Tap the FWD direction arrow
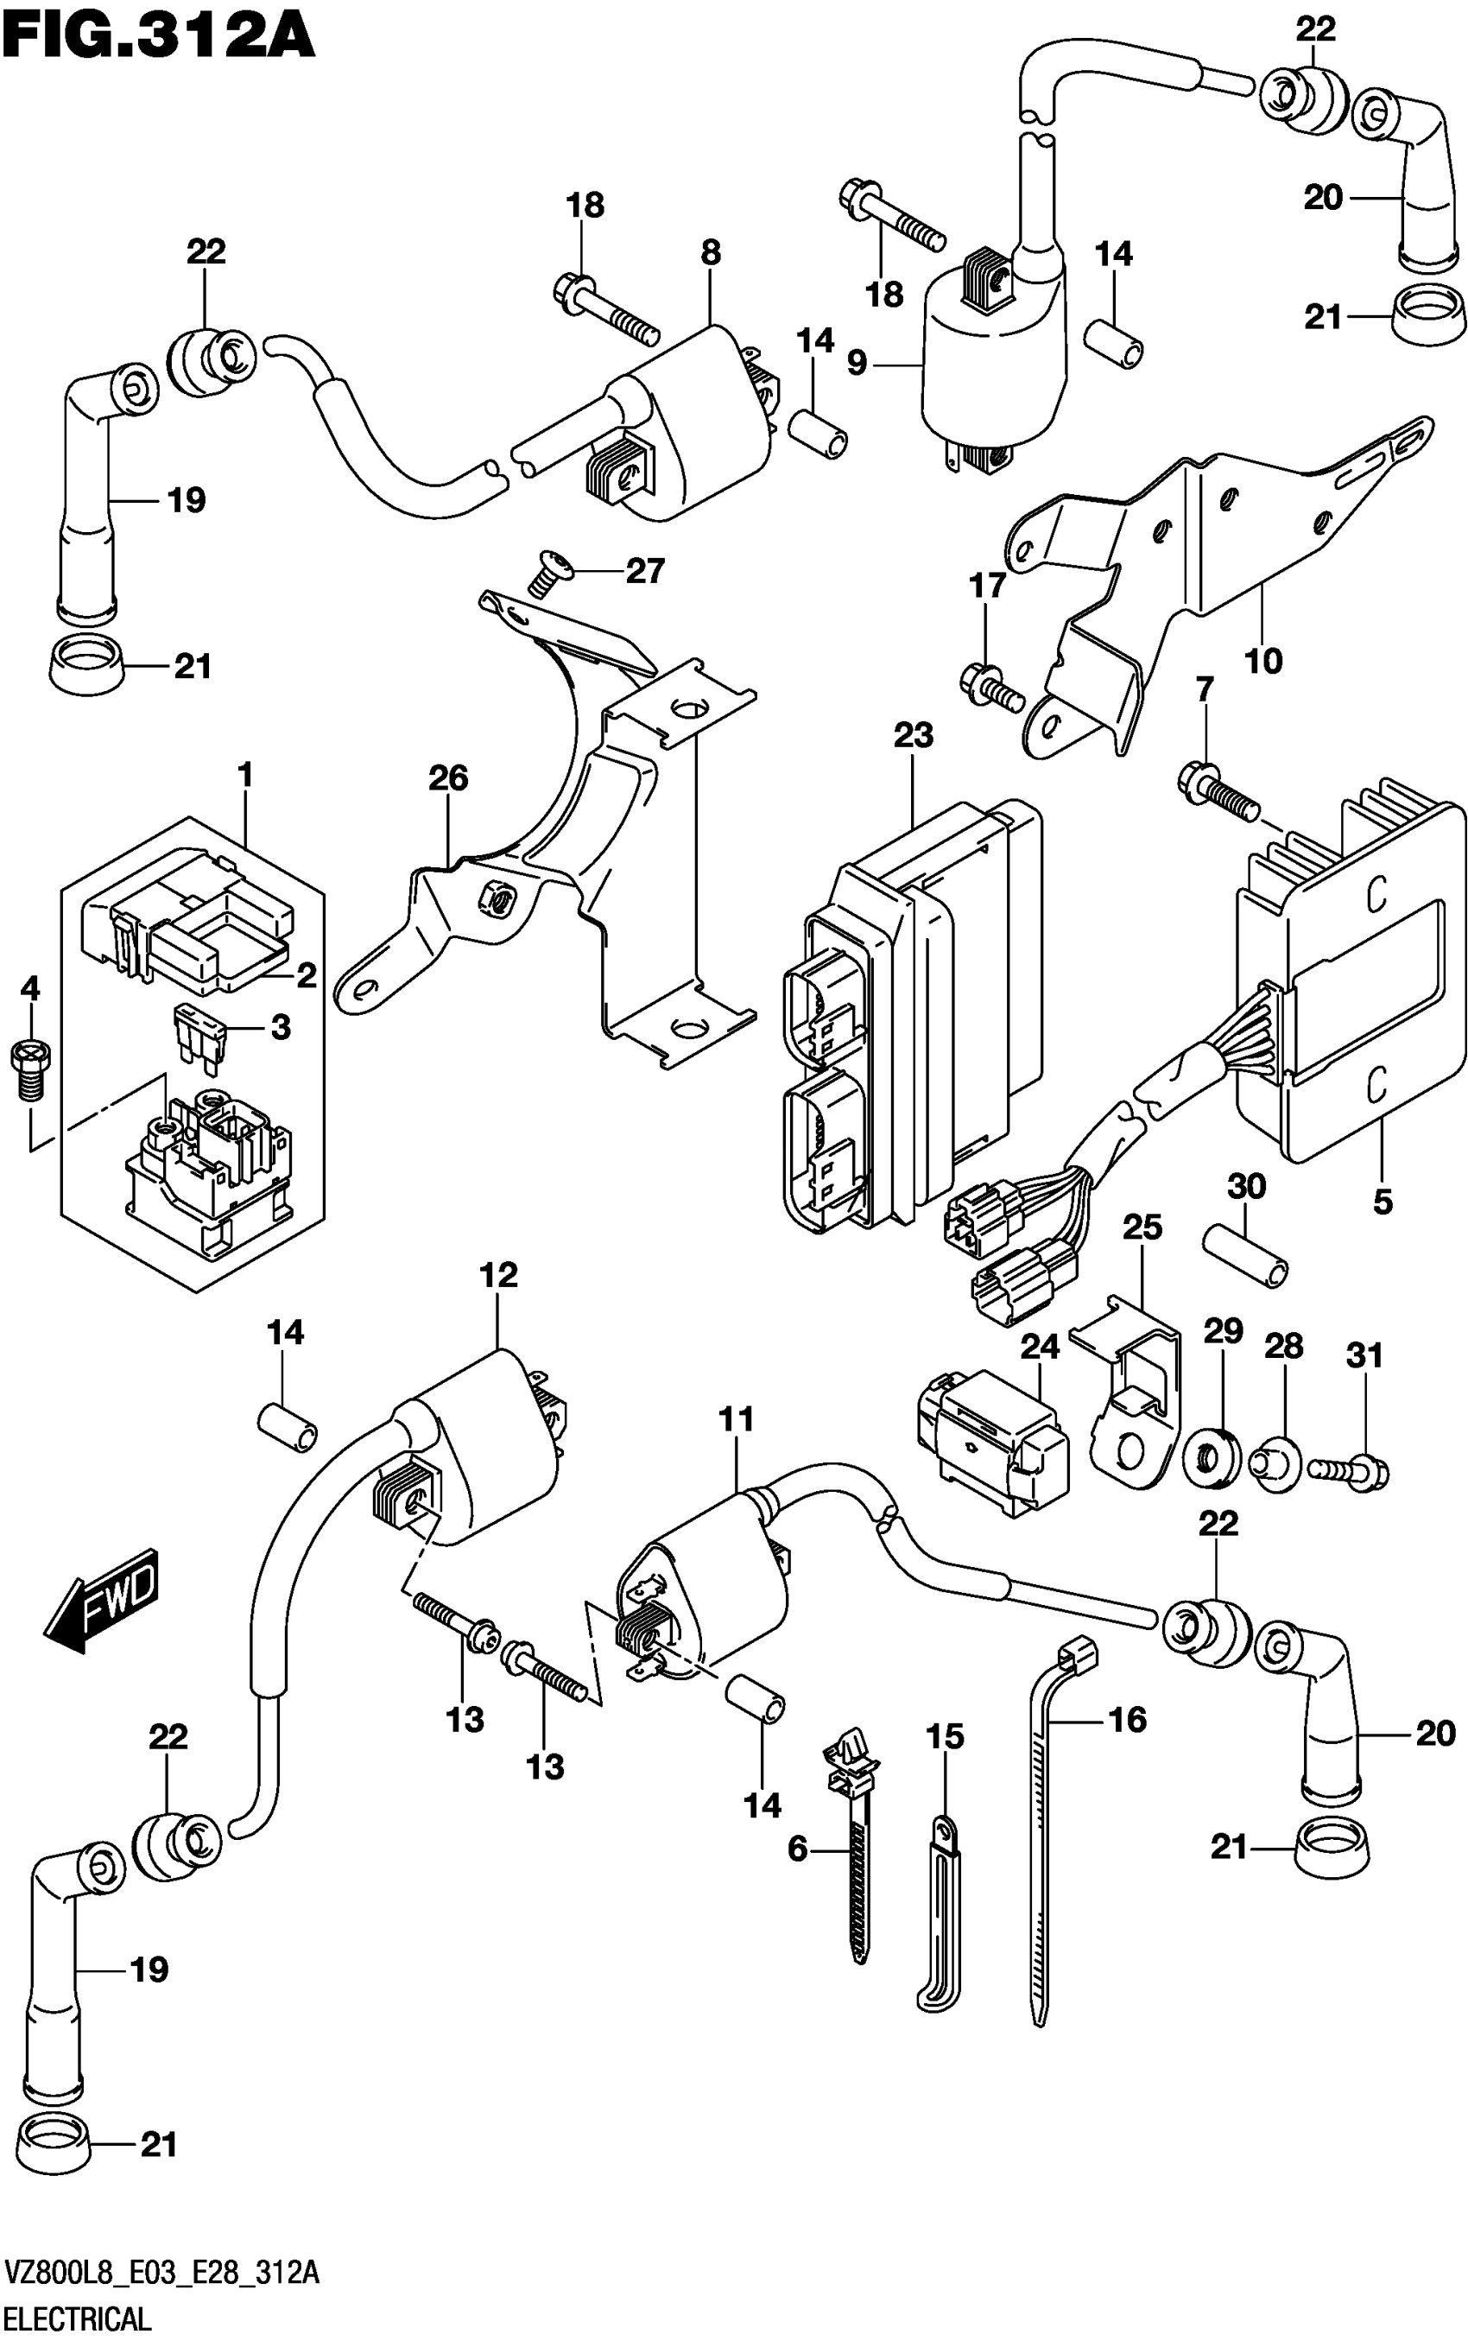(x=100, y=1597)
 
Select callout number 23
(x=913, y=735)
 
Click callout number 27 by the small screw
(x=645, y=570)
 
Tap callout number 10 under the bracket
(x=1263, y=662)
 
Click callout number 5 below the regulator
(x=1383, y=1202)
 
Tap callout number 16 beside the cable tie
(x=1127, y=1720)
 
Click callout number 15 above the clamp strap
(x=945, y=1736)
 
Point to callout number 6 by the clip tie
(x=797, y=1849)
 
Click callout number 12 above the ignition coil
(x=498, y=1275)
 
